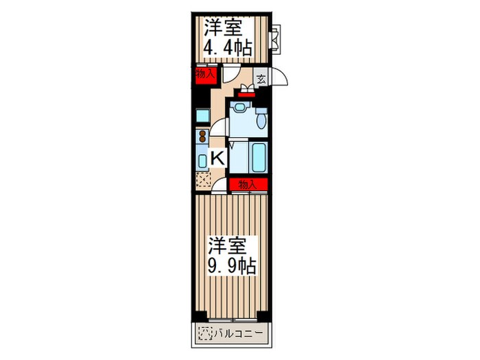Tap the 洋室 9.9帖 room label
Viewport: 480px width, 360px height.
(232, 255)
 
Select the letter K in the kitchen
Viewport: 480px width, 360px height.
(216, 158)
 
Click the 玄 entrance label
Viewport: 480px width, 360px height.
(261, 78)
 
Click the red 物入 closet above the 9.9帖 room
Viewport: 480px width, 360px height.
(247, 184)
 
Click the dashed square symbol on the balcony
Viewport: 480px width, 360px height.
(204, 334)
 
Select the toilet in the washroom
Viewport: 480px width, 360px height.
(262, 121)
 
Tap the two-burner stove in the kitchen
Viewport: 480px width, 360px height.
(202, 135)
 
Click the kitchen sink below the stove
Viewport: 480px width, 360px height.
(202, 160)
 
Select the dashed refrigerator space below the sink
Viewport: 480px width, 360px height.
(203, 180)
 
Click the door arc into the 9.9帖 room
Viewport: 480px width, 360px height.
(219, 185)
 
